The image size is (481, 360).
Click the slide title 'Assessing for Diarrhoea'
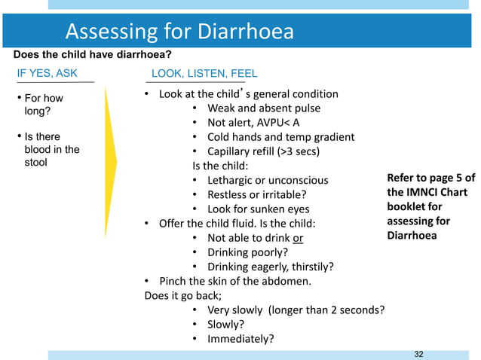[x=179, y=32]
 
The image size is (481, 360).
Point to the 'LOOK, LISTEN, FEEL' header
[x=204, y=73]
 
